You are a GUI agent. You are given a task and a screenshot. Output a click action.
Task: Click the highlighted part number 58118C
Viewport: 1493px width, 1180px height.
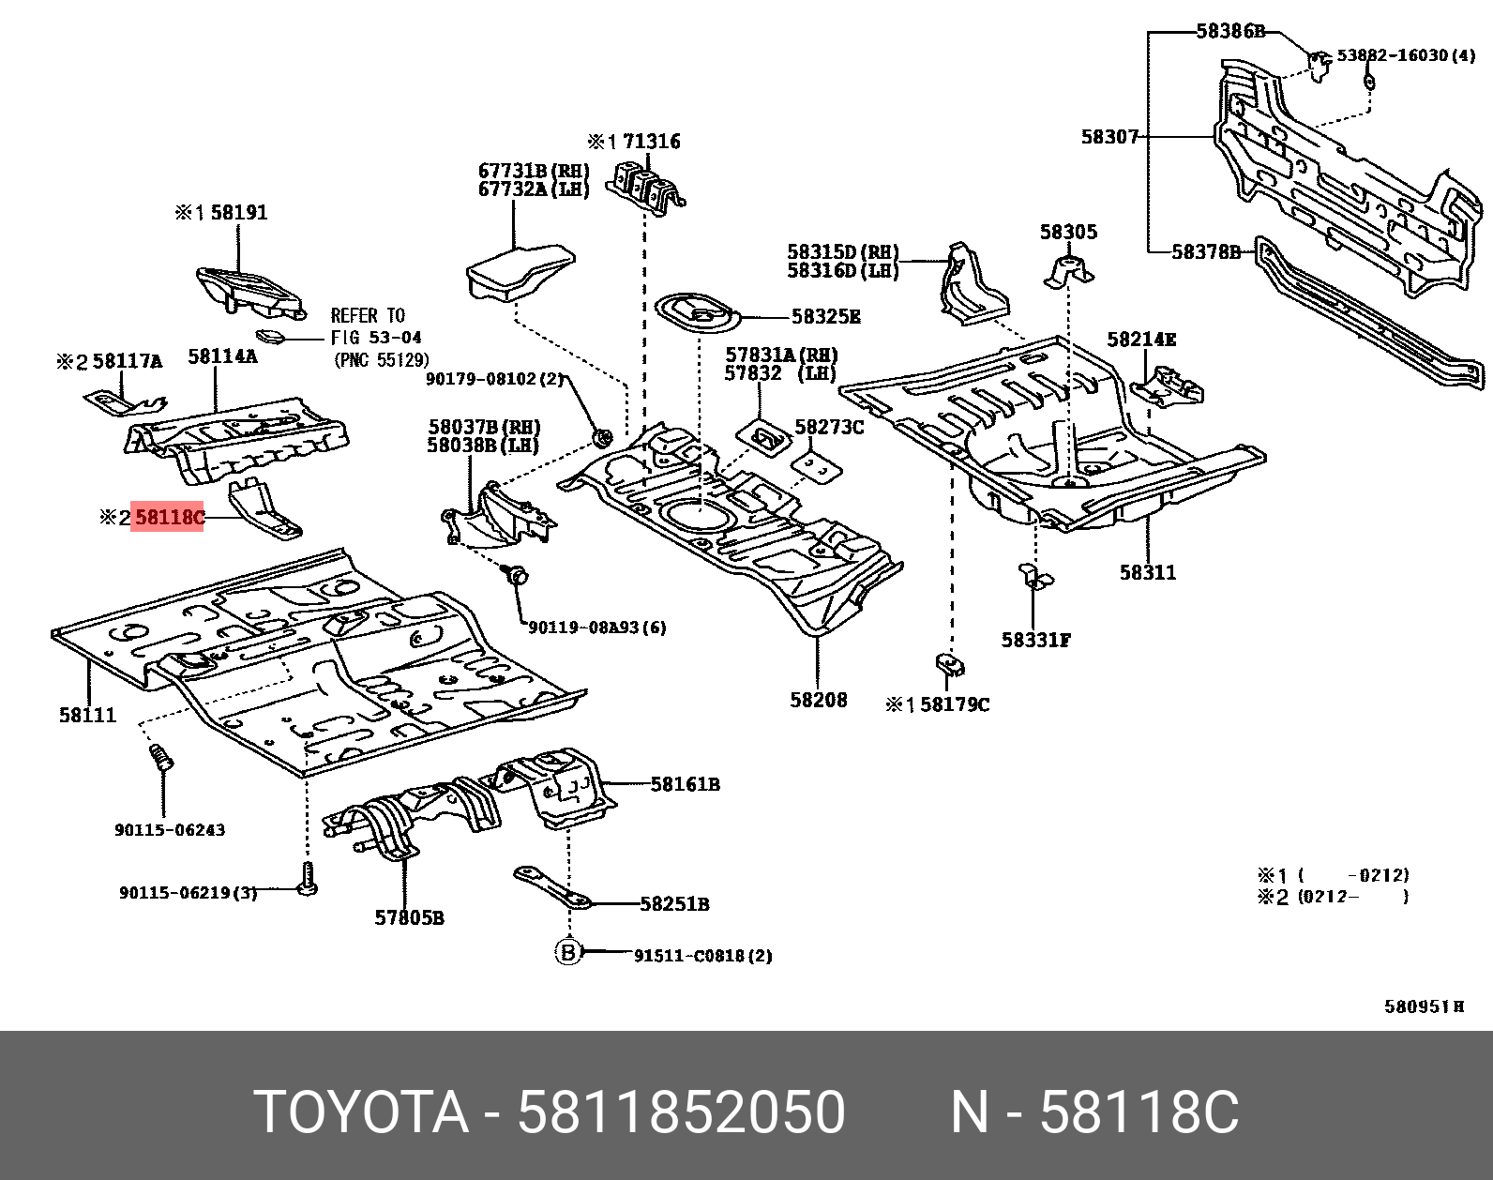point(168,517)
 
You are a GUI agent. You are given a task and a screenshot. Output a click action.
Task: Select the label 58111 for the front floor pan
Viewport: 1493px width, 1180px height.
point(87,715)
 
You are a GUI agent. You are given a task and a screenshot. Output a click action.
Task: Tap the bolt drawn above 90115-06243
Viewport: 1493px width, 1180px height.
point(161,757)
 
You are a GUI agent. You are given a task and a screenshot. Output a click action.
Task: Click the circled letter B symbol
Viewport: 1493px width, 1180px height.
point(567,953)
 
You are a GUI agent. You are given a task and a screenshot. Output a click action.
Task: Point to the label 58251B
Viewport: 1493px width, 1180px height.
point(674,904)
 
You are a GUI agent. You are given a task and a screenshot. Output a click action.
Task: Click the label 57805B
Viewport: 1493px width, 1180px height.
point(409,918)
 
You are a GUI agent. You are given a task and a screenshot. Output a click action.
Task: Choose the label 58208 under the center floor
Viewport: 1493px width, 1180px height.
point(818,700)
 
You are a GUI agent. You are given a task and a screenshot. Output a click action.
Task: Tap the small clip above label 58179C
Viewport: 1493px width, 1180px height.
point(949,665)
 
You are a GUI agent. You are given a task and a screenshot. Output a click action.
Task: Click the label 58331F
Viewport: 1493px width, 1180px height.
point(1035,640)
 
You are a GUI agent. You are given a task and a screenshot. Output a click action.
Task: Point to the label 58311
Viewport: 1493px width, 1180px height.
point(1147,572)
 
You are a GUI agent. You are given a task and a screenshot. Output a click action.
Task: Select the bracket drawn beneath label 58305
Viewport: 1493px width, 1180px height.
point(1068,271)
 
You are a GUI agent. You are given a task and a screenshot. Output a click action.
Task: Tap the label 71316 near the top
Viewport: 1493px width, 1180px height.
point(651,142)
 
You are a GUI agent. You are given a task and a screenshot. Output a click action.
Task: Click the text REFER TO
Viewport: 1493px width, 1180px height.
point(368,316)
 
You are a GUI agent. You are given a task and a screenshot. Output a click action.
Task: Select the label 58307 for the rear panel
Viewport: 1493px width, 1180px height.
point(1108,137)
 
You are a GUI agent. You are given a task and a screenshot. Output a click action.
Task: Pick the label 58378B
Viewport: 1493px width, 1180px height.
point(1206,251)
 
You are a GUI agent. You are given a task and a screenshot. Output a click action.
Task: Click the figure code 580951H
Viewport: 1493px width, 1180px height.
point(1424,1006)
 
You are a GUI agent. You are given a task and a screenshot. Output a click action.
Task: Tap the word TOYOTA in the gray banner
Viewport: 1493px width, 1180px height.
point(361,1112)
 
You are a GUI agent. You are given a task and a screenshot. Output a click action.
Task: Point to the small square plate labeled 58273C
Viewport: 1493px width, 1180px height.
point(817,466)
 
